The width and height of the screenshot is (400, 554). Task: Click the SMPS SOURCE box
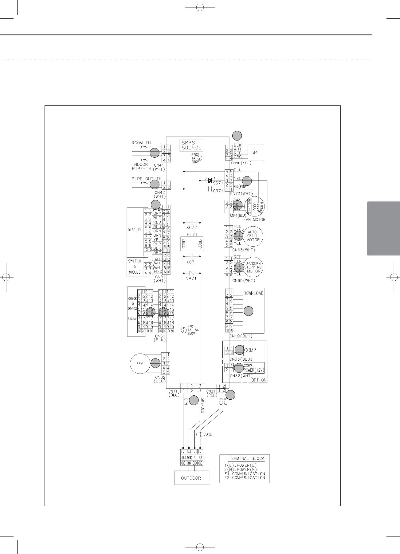(191, 145)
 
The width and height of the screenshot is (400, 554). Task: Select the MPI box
(256, 152)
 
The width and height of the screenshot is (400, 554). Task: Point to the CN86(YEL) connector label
(241, 163)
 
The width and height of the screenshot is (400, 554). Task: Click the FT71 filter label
(192, 235)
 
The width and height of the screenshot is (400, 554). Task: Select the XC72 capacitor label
(191, 228)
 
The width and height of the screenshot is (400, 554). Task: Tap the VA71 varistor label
(191, 278)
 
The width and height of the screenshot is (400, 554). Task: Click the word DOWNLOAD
(253, 293)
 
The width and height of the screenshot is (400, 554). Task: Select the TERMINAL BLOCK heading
(246, 458)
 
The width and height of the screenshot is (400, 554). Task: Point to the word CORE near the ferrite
(208, 434)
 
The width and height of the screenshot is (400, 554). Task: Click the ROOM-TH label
(141, 143)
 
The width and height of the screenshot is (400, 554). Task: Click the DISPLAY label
(135, 230)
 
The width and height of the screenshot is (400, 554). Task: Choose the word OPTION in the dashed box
(259, 380)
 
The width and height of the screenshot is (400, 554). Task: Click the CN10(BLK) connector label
(241, 336)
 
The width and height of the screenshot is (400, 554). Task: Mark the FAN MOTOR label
(254, 220)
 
